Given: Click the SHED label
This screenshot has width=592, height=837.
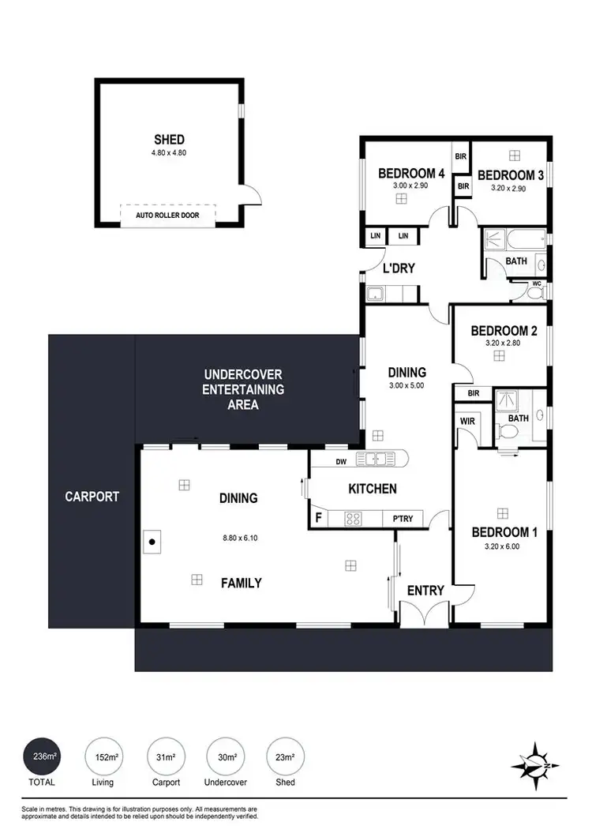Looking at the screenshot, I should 169,140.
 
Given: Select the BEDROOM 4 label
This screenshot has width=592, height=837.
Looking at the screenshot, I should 411,174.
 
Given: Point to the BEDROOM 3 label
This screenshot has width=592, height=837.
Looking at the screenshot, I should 511,175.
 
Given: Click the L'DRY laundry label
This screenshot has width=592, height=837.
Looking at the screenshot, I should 399,268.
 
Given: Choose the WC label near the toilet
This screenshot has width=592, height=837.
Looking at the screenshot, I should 537,283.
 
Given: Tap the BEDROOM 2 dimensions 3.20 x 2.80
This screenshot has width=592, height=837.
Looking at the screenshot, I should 498,343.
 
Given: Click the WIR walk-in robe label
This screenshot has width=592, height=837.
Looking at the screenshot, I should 468,421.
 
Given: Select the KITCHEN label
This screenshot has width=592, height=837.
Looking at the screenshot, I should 373,489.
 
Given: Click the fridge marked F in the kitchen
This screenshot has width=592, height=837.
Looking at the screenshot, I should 318,518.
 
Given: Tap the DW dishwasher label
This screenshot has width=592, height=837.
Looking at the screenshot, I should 341,462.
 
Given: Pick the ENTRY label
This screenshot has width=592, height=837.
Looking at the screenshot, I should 425,590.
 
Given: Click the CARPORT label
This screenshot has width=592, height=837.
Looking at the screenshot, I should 92,497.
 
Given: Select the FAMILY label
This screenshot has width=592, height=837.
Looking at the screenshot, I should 241,583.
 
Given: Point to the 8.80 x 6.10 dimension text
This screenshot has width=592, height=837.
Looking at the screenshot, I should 240,539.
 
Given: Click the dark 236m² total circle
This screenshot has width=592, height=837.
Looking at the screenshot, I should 44,757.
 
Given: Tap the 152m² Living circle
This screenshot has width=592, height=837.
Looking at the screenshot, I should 103,757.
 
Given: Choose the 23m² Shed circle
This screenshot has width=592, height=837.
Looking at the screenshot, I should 286,757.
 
